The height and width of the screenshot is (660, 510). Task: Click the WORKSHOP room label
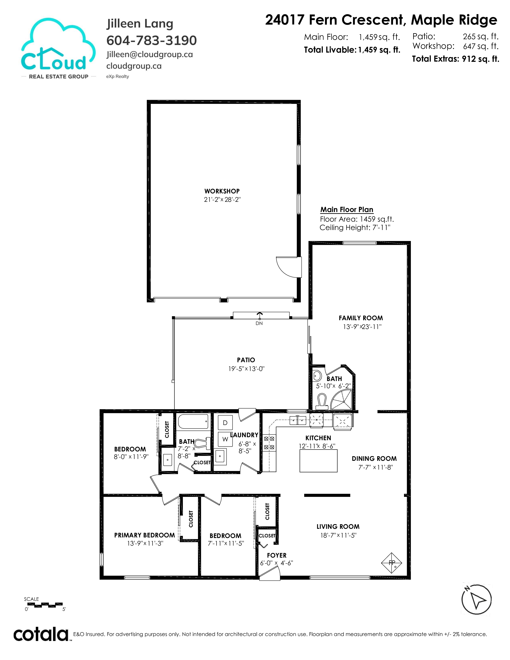[x=222, y=191]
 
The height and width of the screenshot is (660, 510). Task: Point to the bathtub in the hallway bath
[x=193, y=422]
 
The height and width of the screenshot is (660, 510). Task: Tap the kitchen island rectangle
[x=318, y=461]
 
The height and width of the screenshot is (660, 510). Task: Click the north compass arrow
[x=477, y=599]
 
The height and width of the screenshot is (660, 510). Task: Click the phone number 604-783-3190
[x=152, y=40]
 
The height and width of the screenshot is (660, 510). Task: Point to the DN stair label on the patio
[x=259, y=323]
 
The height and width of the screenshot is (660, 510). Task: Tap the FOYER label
[x=276, y=555]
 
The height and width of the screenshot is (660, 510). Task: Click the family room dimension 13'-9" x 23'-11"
[x=362, y=327]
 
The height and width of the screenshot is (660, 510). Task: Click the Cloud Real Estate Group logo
[x=59, y=49]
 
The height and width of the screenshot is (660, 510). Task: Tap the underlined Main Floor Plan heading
[x=347, y=210]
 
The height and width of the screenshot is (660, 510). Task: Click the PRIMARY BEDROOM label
[x=144, y=535]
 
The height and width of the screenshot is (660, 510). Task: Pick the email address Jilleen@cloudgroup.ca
[x=150, y=54]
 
